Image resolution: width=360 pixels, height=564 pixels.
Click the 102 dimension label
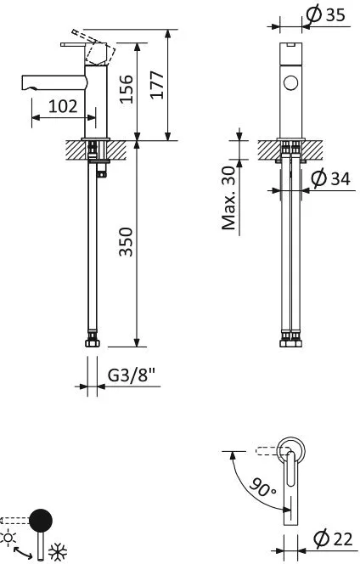(63, 106)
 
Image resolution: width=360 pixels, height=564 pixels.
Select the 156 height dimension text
(127, 89)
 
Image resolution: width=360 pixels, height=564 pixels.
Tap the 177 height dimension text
(157, 85)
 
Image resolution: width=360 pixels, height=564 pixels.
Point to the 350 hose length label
(127, 242)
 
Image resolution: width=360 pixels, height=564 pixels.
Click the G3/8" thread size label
(132, 376)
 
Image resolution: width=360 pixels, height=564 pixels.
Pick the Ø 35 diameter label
(325, 14)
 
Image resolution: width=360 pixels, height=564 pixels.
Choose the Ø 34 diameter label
(330, 178)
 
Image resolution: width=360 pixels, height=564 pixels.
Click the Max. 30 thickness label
(228, 198)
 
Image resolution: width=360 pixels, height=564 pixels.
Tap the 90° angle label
(263, 488)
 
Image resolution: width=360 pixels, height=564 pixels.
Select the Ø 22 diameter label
(333, 539)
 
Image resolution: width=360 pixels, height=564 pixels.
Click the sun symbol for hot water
(8, 539)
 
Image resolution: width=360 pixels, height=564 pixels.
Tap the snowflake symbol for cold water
(58, 551)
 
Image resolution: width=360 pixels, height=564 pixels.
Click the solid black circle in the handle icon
(41, 520)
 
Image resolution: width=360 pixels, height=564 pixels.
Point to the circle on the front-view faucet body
(290, 83)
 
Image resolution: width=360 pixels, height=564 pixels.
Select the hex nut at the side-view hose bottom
(93, 342)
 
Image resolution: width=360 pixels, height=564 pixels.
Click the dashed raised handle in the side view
(93, 45)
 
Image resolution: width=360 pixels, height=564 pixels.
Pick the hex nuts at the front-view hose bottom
(291, 342)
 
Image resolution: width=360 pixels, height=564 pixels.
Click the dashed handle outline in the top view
(273, 451)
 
